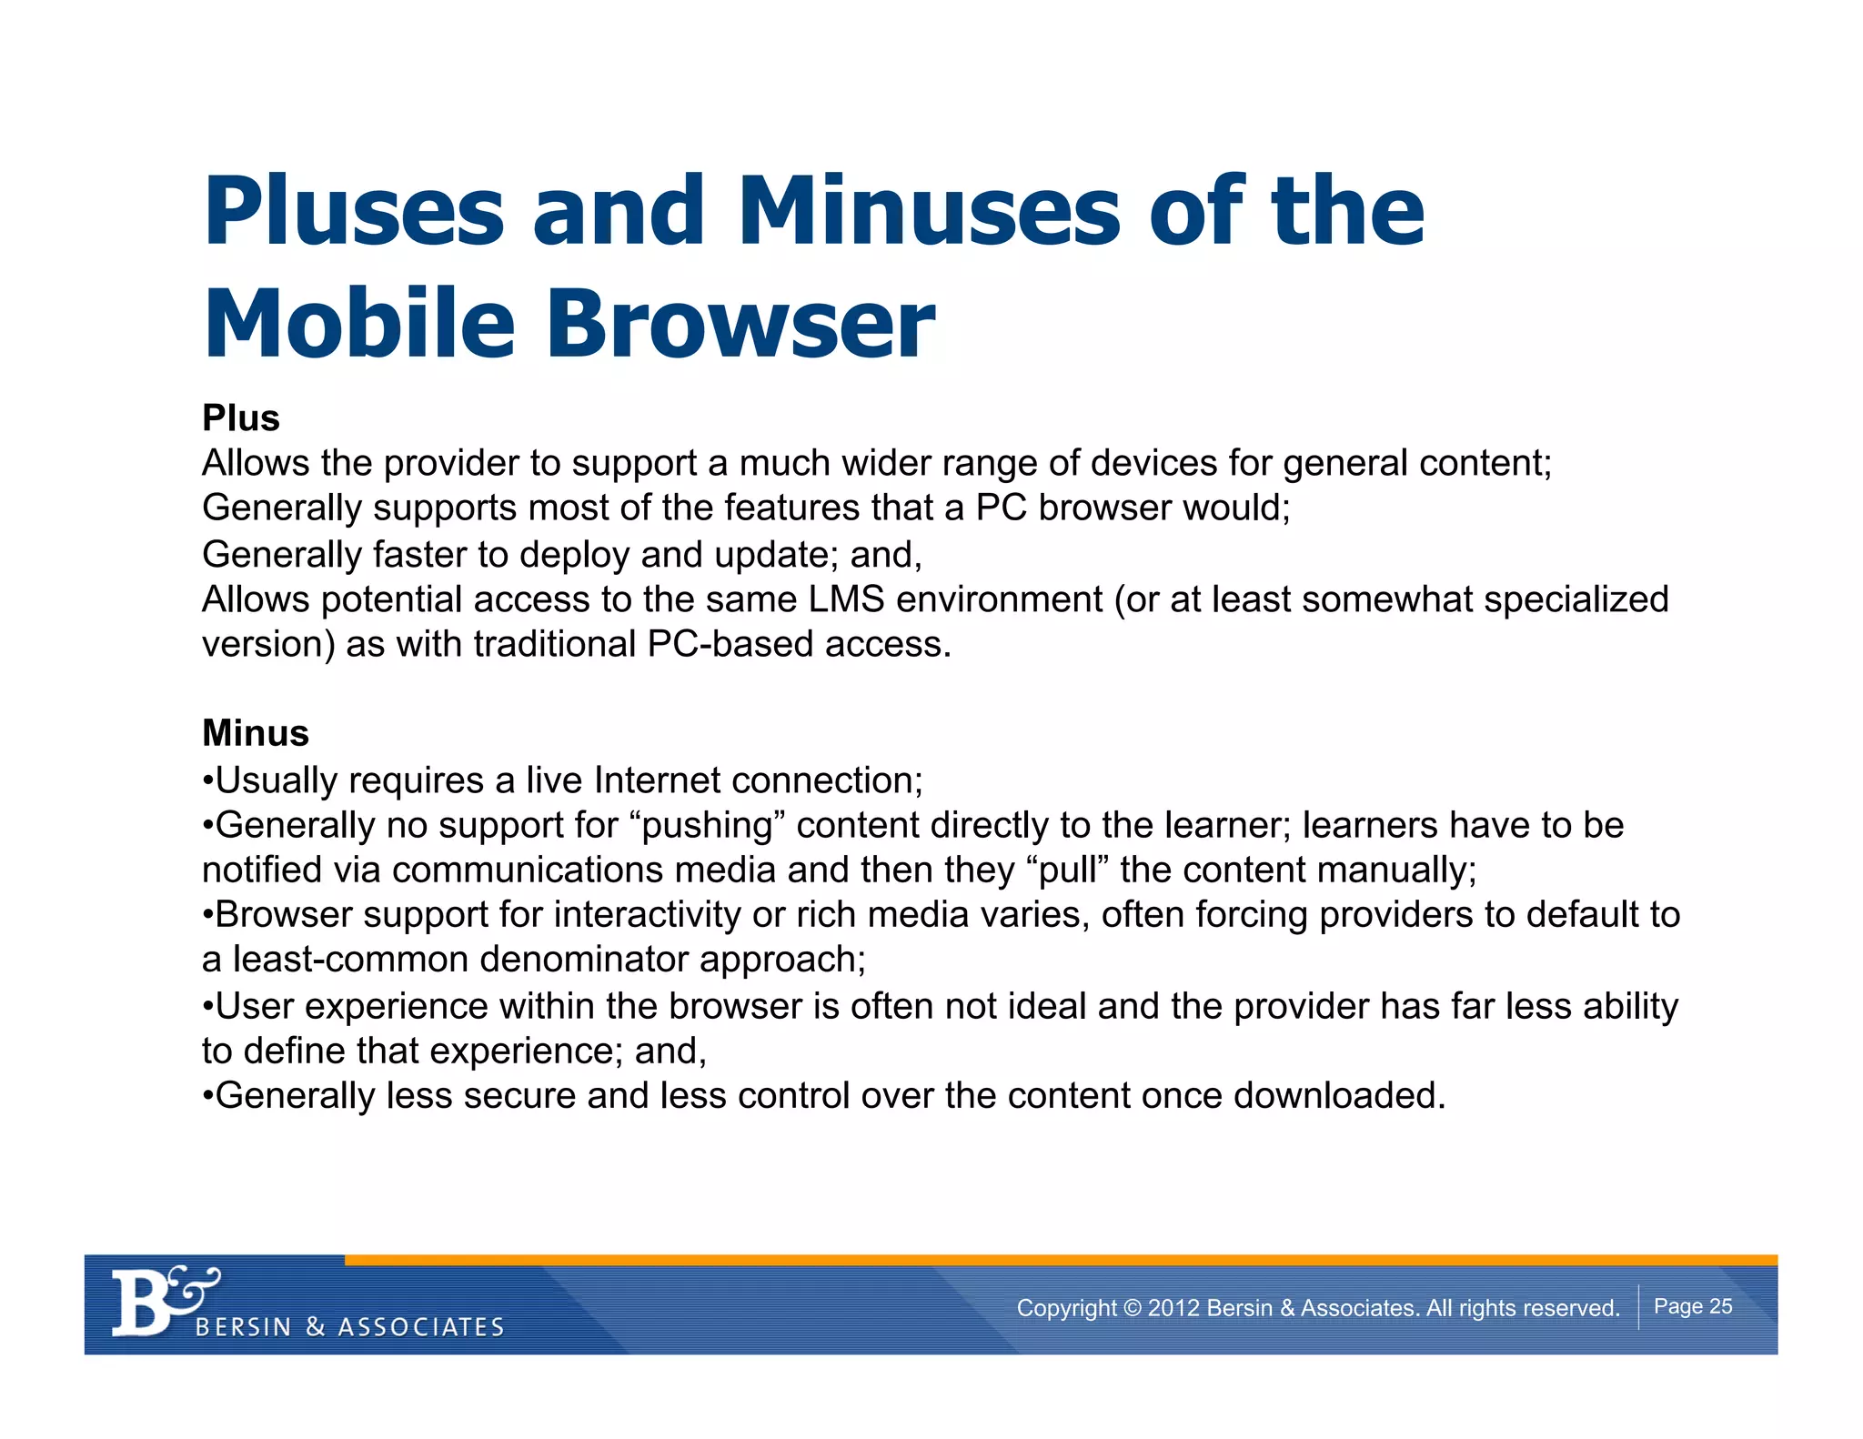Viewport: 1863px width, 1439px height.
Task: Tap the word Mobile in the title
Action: tap(360, 324)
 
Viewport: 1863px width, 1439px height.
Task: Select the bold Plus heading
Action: tap(241, 418)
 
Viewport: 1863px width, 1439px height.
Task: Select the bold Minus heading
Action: tap(256, 733)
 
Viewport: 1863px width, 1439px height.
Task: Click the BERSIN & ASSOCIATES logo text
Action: tap(350, 1327)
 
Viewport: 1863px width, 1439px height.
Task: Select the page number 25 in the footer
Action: tap(1720, 1306)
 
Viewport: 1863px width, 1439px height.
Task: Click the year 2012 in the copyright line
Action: tap(1173, 1308)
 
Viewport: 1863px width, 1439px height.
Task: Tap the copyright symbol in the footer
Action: tap(1132, 1308)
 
